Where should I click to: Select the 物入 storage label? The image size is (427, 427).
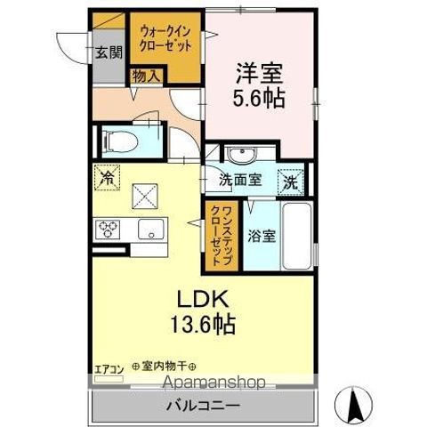click(x=146, y=77)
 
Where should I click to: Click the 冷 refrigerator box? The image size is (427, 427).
click(x=106, y=177)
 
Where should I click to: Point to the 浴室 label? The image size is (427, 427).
click(x=260, y=238)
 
